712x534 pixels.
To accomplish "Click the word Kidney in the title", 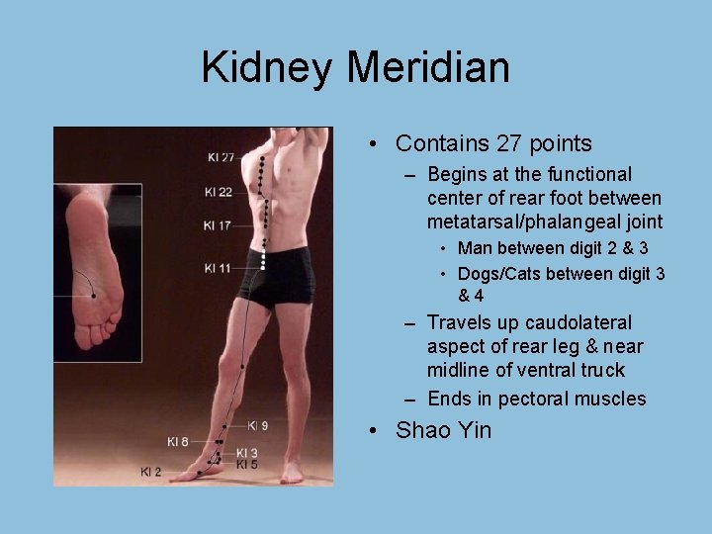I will (267, 68).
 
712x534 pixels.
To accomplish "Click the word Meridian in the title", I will (428, 68).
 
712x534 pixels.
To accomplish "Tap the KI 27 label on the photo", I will (221, 156).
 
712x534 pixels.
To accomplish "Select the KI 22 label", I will (218, 192).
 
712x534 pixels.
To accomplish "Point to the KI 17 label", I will (217, 226).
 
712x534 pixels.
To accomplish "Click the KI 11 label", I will (218, 268).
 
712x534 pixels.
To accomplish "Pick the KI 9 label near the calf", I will (257, 425).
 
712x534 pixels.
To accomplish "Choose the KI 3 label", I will (247, 452).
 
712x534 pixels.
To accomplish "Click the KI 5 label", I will (247, 464).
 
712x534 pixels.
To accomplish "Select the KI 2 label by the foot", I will (150, 472).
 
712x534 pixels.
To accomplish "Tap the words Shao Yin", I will (443, 430).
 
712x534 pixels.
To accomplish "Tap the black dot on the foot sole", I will (93, 294).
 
